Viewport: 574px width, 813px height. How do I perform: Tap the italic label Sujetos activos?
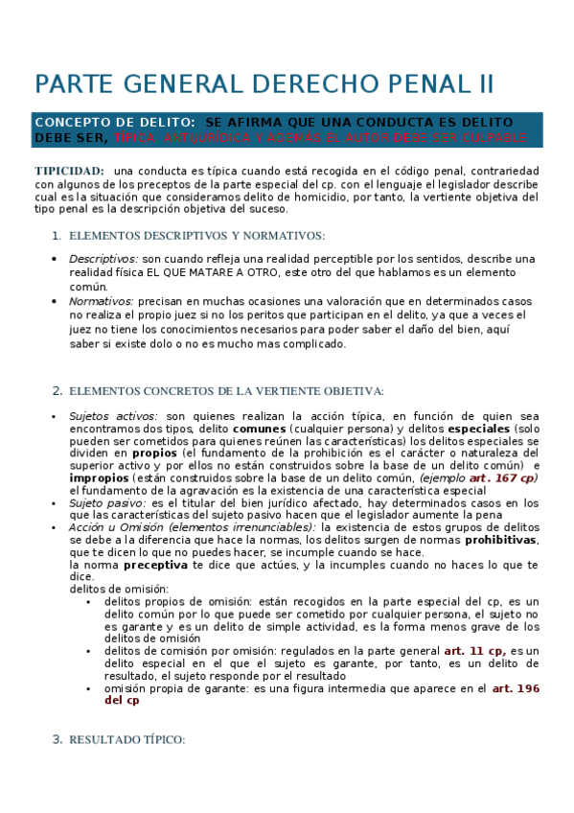[112, 417]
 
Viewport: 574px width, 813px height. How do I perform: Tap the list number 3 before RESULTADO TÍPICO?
[56, 739]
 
